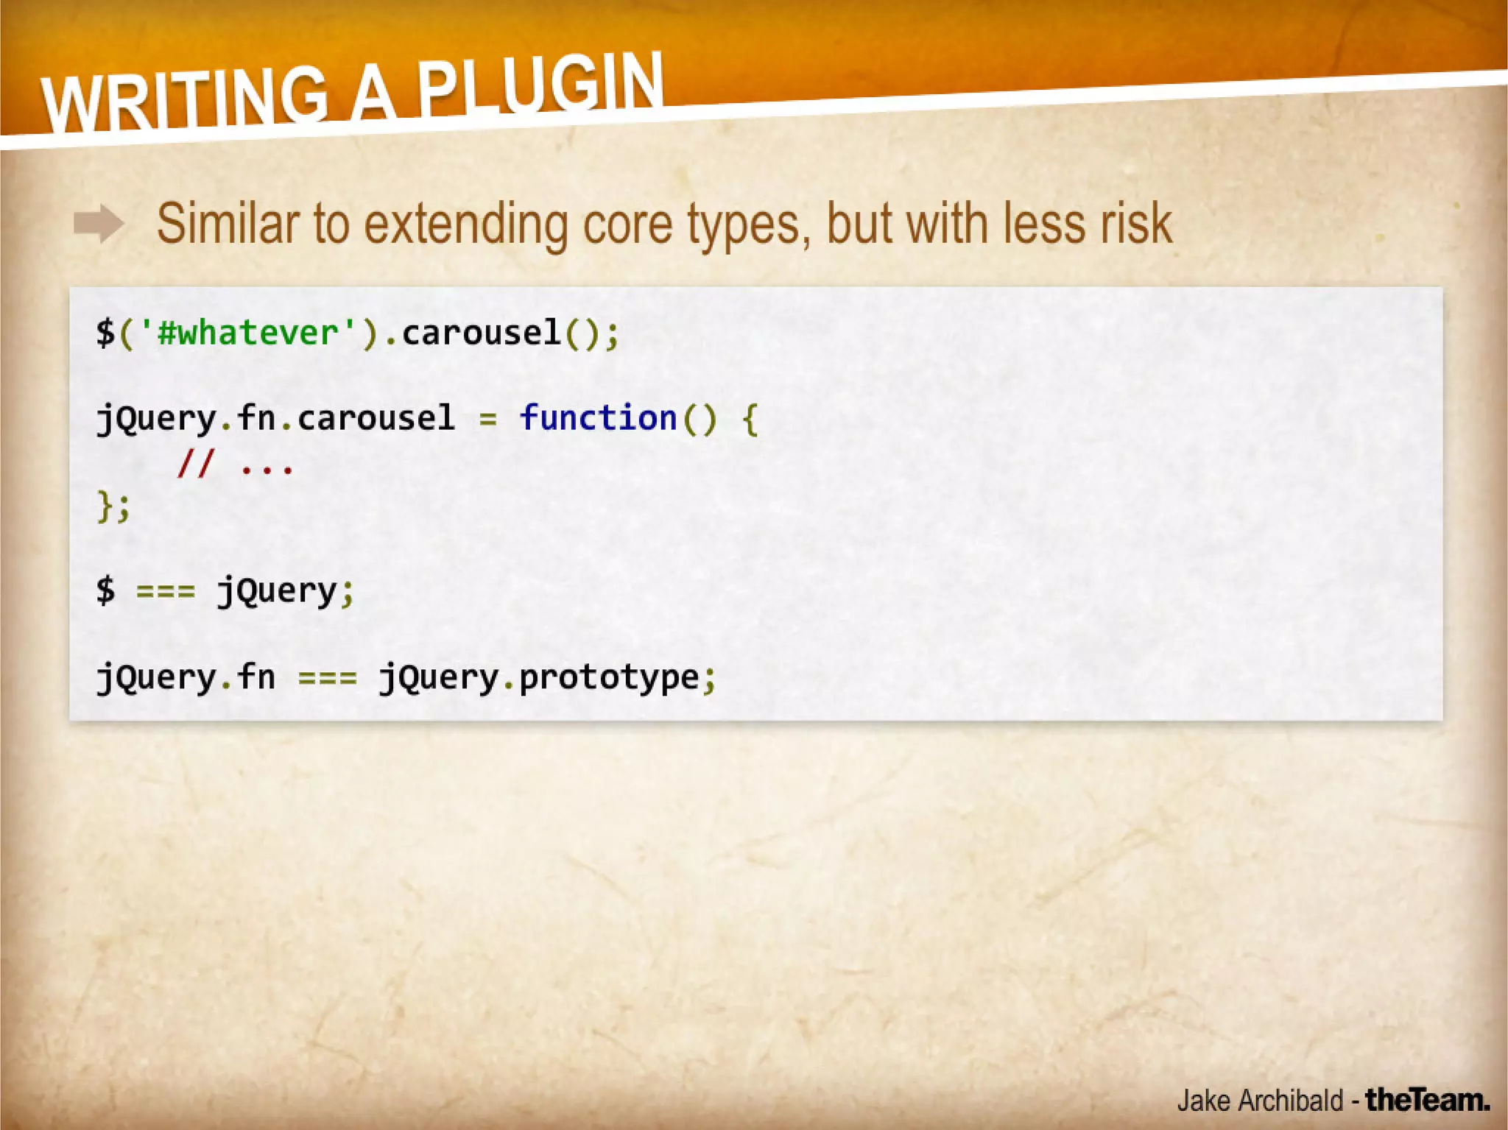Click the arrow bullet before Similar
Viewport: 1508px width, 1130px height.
pyautogui.click(x=99, y=224)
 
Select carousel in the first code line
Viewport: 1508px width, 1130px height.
pyautogui.click(x=481, y=333)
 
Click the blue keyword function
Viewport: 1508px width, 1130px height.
pyautogui.click(x=598, y=418)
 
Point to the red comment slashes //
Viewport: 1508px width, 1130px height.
pyautogui.click(x=195, y=464)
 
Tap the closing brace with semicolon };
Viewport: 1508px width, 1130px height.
pyautogui.click(x=113, y=506)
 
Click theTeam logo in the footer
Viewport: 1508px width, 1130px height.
pyautogui.click(x=1427, y=1100)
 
